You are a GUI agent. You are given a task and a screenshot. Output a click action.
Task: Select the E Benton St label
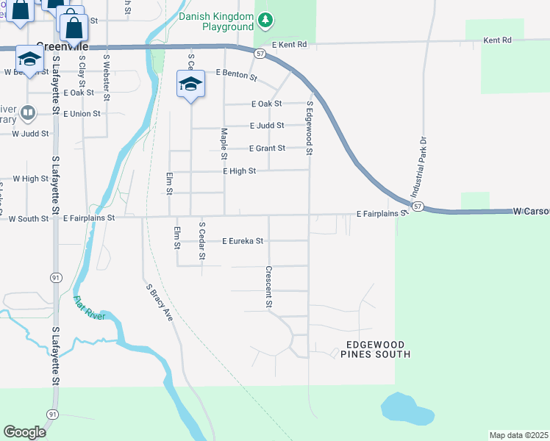coord(236,74)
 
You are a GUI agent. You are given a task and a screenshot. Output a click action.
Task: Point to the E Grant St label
coord(267,148)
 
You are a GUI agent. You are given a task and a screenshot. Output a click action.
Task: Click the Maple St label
coord(224,144)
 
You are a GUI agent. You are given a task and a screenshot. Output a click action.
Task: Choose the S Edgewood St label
coord(310,129)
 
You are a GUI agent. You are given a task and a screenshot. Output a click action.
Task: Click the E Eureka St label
coord(243,240)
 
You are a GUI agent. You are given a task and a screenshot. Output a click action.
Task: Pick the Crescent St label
coord(269,287)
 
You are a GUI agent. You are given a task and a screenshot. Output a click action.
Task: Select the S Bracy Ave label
coord(158,303)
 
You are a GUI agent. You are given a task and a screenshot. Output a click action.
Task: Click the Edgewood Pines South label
coord(375,349)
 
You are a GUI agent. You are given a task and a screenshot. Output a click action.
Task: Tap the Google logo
coord(25,431)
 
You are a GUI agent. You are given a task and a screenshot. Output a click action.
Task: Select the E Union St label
coord(82,114)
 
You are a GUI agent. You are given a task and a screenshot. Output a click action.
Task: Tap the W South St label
coord(29,218)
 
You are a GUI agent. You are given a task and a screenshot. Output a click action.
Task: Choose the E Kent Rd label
coord(288,45)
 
